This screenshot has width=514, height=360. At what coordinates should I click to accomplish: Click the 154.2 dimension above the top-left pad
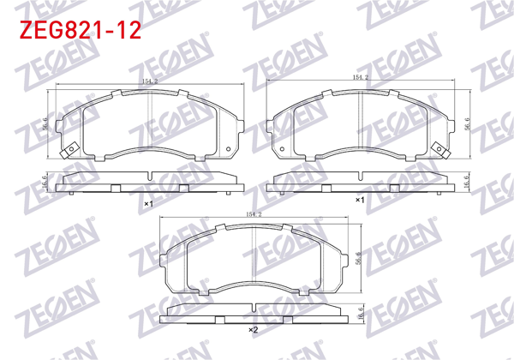click(150, 81)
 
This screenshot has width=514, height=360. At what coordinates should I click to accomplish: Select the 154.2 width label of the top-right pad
click(361, 78)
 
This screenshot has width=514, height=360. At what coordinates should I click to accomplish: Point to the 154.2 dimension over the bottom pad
click(254, 213)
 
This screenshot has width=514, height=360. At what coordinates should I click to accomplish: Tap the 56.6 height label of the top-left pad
click(45, 123)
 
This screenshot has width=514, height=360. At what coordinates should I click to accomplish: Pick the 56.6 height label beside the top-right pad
click(467, 123)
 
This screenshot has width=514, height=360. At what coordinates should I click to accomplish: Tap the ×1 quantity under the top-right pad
click(360, 200)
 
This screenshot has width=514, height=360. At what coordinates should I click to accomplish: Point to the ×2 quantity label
click(253, 330)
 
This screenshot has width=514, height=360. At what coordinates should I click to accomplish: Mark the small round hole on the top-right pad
click(282, 152)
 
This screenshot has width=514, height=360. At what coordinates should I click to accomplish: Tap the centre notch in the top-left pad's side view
click(149, 185)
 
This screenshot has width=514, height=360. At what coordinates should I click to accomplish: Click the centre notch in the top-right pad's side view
click(361, 185)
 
